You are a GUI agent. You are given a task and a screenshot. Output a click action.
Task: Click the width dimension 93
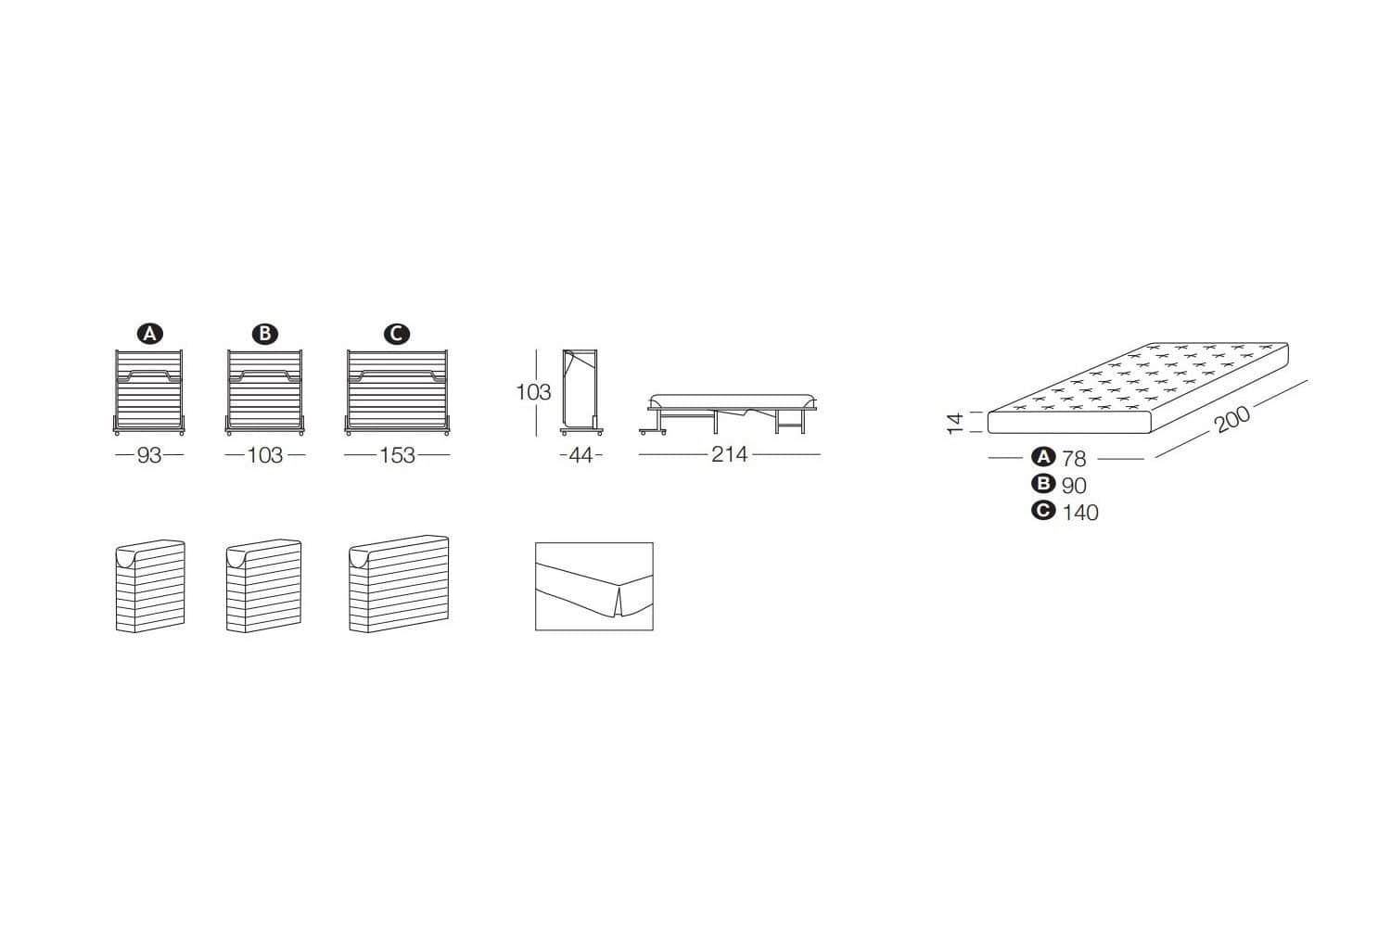tap(149, 455)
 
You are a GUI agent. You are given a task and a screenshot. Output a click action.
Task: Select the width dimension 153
tap(397, 455)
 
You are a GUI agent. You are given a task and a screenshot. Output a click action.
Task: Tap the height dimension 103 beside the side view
tap(533, 392)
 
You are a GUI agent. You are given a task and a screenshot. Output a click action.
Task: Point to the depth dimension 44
tap(581, 455)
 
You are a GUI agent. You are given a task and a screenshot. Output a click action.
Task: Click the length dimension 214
tap(729, 455)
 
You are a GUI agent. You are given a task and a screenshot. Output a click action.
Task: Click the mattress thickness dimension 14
tap(956, 423)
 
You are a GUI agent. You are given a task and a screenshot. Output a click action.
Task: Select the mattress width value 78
tap(1074, 458)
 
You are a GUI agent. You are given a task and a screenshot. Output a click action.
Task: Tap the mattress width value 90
tap(1074, 485)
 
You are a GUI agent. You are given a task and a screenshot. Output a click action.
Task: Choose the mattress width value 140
tap(1080, 512)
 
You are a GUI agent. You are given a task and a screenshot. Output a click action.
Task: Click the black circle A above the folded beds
tap(149, 334)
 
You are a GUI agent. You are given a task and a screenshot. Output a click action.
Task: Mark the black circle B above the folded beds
tap(265, 334)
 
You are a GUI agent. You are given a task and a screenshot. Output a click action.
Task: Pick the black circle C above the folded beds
tap(397, 334)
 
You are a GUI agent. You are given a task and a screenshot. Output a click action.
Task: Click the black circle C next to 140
tap(1044, 511)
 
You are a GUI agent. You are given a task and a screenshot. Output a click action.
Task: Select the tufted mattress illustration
tap(1139, 389)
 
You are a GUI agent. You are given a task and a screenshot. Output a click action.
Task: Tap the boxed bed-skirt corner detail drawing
tap(594, 587)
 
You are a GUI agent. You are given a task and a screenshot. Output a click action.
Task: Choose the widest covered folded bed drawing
tap(399, 584)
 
